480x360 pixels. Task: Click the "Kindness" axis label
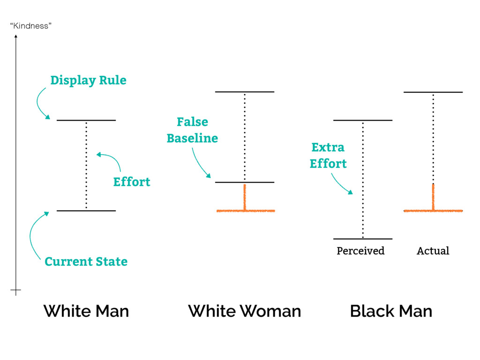[30, 26]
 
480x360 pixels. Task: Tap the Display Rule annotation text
[88, 80]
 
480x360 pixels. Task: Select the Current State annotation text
[86, 261]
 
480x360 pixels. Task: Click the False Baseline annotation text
[192, 130]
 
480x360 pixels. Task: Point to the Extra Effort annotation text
[328, 155]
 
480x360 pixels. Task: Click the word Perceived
[360, 251]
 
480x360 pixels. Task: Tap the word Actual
[433, 251]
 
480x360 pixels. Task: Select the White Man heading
[86, 311]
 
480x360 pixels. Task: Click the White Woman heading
[244, 311]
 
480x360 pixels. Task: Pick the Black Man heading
[391, 311]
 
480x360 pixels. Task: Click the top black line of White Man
[86, 120]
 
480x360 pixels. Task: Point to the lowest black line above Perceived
[363, 239]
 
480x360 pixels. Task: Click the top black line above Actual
[433, 92]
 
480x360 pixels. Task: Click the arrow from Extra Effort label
[340, 184]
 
